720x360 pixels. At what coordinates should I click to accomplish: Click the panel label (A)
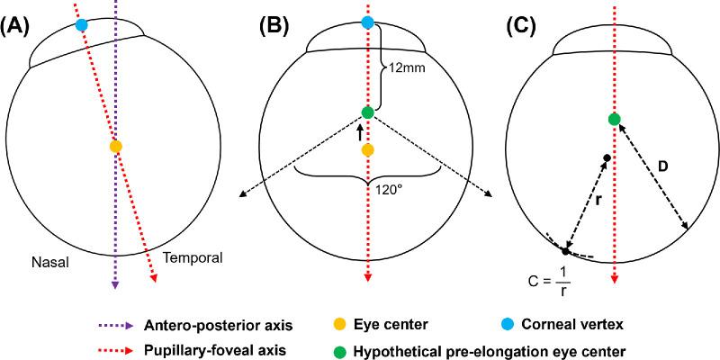19,25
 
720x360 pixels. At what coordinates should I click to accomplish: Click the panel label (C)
528,25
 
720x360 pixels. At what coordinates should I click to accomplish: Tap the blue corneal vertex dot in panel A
82,25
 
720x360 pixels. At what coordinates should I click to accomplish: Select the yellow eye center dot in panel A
115,146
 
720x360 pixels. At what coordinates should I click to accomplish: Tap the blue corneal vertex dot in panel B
367,22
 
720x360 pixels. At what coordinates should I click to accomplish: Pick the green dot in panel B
367,112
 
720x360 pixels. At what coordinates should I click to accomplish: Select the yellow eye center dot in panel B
367,150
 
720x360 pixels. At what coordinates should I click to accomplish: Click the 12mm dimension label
404,67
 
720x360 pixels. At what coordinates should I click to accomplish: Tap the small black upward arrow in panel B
360,131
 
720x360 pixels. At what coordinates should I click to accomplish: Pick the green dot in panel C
614,120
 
